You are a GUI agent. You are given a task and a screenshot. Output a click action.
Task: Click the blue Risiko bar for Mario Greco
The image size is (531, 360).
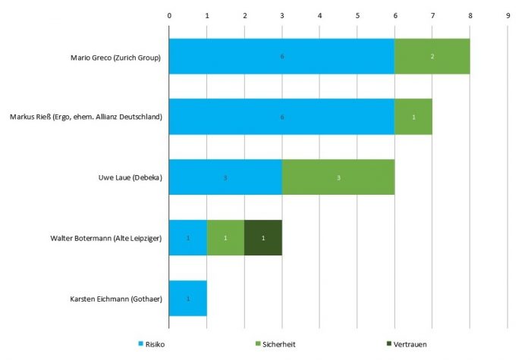tap(281, 57)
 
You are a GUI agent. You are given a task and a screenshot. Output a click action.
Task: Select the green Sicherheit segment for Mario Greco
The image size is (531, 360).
tap(432, 57)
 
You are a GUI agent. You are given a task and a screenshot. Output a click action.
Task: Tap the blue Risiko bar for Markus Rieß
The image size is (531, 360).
tap(281, 117)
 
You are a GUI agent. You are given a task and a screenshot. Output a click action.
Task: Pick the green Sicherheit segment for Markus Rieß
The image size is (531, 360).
tap(413, 117)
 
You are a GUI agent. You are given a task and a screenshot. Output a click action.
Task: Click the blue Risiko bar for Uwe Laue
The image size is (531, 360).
tap(225, 177)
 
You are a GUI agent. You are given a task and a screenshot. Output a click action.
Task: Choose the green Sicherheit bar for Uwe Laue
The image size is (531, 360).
tap(338, 177)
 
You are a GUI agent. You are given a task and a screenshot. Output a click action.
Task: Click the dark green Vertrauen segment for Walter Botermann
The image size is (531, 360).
tap(263, 238)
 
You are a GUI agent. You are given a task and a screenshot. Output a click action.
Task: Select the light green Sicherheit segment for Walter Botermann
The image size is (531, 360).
tap(225, 238)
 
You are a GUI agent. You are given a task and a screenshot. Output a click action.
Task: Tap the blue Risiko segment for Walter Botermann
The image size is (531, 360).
tap(188, 238)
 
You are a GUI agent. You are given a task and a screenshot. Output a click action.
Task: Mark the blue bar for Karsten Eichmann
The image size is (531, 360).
tap(188, 299)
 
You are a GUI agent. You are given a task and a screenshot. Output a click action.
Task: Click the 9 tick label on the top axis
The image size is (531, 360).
tap(507, 14)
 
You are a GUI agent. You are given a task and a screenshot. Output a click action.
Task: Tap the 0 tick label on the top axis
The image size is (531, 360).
tap(169, 14)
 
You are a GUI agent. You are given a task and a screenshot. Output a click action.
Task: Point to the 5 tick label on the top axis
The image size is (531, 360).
tap(357, 14)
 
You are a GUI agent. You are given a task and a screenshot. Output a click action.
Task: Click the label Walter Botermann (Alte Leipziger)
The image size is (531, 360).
tap(102, 238)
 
